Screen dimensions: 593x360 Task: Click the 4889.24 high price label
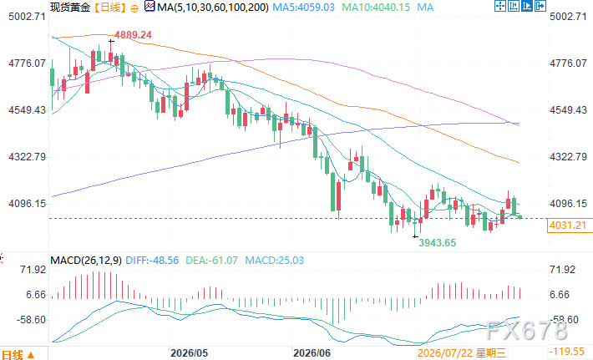coord(133,35)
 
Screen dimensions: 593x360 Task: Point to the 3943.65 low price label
coord(437,243)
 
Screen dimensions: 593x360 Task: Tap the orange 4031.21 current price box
coord(568,226)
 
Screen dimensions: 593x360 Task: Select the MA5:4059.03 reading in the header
coord(304,8)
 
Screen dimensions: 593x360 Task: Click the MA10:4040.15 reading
coord(376,8)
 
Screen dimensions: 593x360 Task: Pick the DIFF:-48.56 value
coord(152,260)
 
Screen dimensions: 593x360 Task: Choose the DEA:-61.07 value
coord(212,260)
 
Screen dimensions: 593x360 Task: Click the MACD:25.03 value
coord(274,260)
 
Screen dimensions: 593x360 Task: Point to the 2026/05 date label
coord(189,353)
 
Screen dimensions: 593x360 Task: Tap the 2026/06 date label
coord(312,353)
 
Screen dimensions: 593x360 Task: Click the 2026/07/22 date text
coord(445,353)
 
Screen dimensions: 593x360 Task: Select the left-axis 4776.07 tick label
coord(27,63)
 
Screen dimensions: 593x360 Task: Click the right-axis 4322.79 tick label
coord(568,156)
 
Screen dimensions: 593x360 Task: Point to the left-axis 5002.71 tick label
coord(27,16)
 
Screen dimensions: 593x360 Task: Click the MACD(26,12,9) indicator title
coord(86,260)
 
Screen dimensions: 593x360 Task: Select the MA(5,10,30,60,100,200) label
coord(213,8)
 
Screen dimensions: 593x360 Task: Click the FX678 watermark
coord(526,331)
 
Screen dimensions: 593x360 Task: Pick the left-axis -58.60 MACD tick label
coord(31,320)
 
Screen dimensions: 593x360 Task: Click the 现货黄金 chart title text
coord(70,8)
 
